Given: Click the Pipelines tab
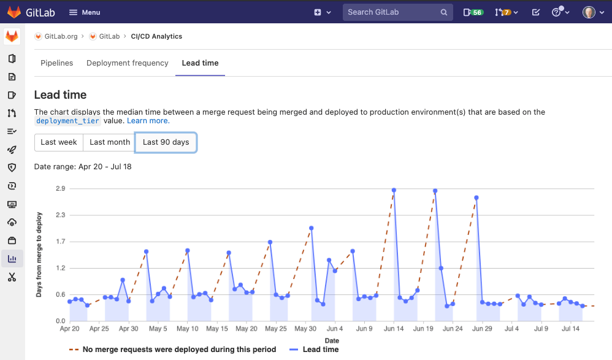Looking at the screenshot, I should tap(56, 63).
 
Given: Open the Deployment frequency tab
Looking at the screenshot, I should tap(128, 63).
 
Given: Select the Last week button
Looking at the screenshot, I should tap(59, 142).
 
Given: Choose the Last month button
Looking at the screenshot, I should tap(110, 142).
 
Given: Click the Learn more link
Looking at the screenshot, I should tap(148, 121).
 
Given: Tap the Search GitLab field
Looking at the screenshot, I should tap(392, 12).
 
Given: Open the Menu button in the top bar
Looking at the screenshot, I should tap(85, 12).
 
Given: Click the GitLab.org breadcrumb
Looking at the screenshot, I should tap(60, 37).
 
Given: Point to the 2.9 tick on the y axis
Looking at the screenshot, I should tap(60, 189).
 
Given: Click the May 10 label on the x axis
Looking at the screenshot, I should tap(188, 329).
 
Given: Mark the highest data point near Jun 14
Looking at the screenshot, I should tap(394, 190).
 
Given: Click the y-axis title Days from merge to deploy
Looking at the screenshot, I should tap(39, 255).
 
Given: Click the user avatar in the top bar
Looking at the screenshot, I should tap(589, 12).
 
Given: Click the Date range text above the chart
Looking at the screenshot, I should tap(83, 167).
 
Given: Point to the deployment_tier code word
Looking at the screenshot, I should tap(67, 121).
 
